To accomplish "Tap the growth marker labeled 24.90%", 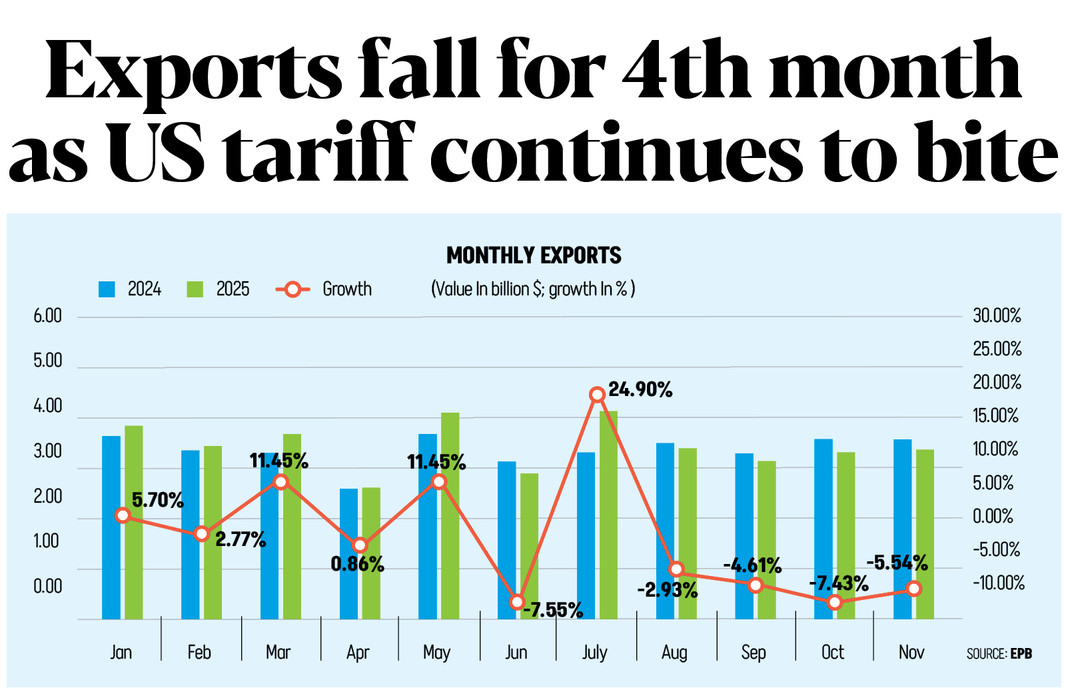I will click(x=597, y=395).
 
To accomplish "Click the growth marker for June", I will click(x=517, y=602).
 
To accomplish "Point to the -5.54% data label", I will click(x=897, y=563).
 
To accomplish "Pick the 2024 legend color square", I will click(x=107, y=289).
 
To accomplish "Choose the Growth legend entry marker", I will click(x=292, y=289).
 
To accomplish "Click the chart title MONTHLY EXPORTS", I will click(x=533, y=255).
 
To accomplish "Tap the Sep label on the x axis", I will click(x=754, y=652).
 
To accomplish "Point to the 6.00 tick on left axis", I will click(x=47, y=316).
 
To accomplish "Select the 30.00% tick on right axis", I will click(x=997, y=315).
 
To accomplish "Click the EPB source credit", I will click(x=1021, y=654).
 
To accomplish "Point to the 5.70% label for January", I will click(x=157, y=500).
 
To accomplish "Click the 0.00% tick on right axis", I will click(x=993, y=516).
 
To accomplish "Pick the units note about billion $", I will click(x=533, y=289).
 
